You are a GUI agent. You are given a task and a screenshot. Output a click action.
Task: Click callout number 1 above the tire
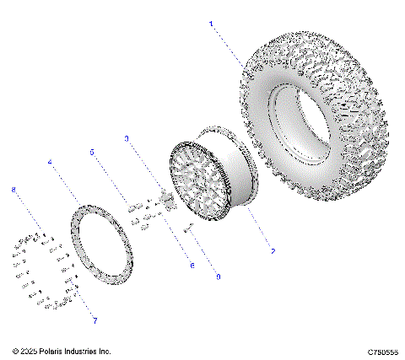point(212,24)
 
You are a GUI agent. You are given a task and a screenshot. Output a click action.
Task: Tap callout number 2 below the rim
point(273,250)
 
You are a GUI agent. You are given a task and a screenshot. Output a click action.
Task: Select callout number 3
point(127,137)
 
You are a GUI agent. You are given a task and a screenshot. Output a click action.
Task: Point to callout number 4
point(51,162)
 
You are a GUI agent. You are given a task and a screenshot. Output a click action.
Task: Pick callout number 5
point(92,152)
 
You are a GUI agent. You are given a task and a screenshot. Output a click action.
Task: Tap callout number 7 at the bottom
point(94,321)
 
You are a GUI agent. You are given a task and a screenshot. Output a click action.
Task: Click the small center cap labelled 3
point(166,200)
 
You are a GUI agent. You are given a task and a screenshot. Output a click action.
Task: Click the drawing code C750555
point(383,351)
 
